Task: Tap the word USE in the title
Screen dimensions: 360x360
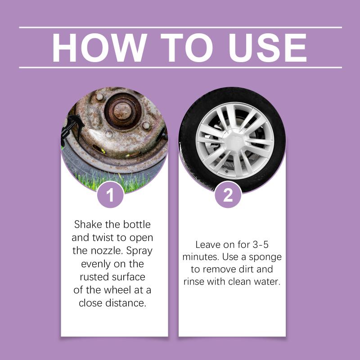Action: click(x=267, y=48)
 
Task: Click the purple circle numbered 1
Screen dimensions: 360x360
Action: click(x=110, y=195)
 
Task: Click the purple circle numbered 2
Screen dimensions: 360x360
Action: click(x=228, y=195)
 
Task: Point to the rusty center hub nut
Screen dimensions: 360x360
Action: click(x=122, y=111)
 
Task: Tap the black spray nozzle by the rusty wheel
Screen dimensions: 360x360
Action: click(x=72, y=127)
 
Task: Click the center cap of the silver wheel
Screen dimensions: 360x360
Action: click(x=234, y=140)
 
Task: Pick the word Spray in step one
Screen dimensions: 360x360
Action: click(x=139, y=251)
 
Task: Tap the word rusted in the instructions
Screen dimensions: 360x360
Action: click(x=96, y=277)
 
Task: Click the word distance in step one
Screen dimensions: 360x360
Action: click(x=126, y=303)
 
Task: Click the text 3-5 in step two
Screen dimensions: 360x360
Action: click(x=261, y=244)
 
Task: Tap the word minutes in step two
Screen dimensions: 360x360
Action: click(x=201, y=257)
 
